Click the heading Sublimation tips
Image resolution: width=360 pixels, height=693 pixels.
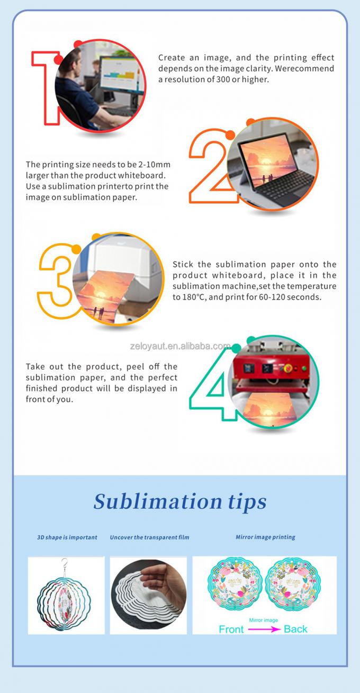(x=180, y=502)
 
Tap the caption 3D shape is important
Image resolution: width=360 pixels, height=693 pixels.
(x=67, y=537)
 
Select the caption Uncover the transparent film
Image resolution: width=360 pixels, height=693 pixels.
(x=149, y=537)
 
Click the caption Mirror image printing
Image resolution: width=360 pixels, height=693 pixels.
(x=265, y=537)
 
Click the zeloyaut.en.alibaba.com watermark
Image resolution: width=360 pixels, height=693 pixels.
(x=181, y=346)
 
